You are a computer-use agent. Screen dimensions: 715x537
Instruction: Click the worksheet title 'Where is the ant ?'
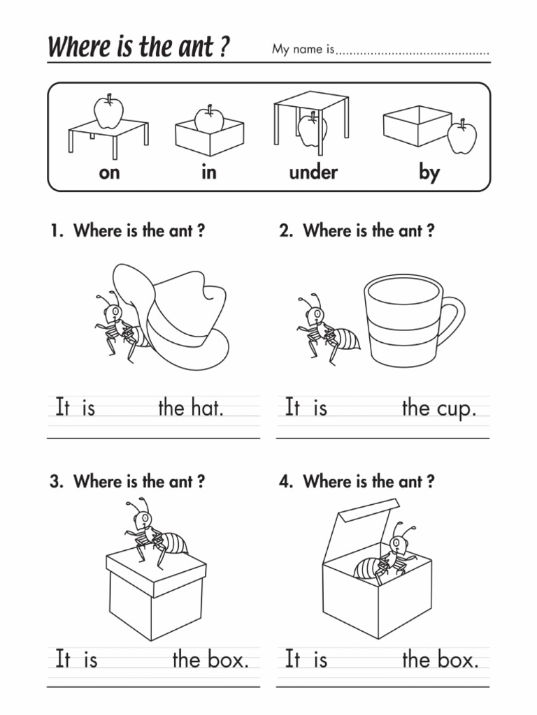[x=138, y=47]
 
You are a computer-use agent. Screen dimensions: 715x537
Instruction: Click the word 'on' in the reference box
[x=109, y=172]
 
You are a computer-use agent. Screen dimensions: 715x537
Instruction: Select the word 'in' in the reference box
[x=209, y=172]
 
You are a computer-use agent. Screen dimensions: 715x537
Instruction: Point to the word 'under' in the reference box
[x=313, y=172]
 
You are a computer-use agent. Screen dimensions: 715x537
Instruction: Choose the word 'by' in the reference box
[x=429, y=172]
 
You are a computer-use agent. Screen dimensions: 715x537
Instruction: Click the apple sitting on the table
[x=108, y=111]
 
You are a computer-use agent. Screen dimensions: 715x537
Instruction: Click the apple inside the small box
[x=208, y=119]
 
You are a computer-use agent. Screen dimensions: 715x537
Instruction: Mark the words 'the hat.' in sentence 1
[x=190, y=408]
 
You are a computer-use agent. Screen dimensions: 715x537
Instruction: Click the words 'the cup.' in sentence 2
[x=438, y=408]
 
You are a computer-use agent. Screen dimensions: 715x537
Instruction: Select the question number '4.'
[x=286, y=482]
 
